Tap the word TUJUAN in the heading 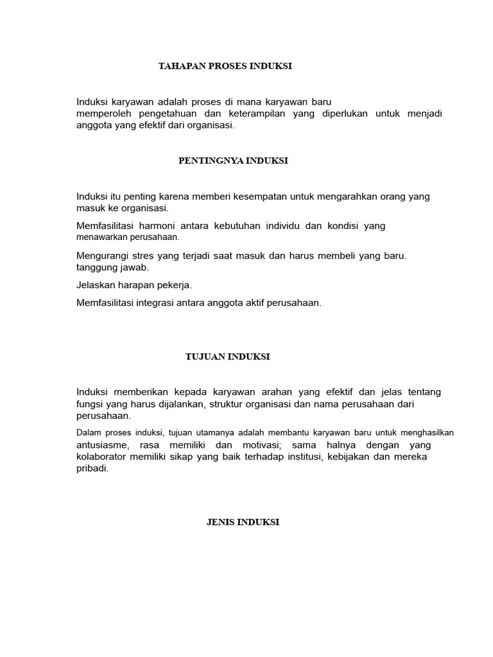click(x=203, y=357)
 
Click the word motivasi click(x=257, y=445)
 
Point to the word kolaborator click(x=105, y=457)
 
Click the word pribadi click(x=92, y=468)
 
